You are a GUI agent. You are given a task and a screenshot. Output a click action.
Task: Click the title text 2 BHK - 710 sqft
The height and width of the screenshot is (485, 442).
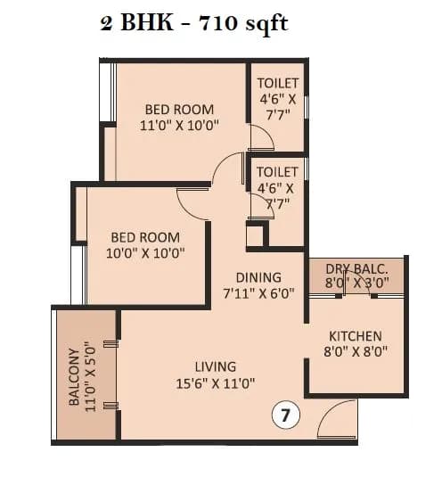193,23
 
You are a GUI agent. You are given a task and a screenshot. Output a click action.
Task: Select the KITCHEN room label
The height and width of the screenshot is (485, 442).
356,336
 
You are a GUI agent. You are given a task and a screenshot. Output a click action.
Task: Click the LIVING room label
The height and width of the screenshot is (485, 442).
216,366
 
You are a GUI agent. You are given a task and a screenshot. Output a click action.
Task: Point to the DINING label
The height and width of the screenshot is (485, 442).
258,277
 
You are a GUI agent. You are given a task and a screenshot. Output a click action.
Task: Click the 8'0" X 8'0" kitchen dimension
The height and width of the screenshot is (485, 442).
356,353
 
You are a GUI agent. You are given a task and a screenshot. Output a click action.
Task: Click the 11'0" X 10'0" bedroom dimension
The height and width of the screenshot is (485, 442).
180,126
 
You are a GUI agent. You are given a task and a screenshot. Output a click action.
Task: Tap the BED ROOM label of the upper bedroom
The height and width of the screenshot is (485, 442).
180,110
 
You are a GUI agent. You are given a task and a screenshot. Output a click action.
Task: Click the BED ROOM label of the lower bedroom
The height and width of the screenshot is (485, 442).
144,237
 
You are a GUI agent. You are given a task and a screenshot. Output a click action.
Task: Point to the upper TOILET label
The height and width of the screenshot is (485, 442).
278,84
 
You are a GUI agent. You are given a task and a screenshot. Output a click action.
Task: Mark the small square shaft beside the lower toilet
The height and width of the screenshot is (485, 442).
255,235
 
